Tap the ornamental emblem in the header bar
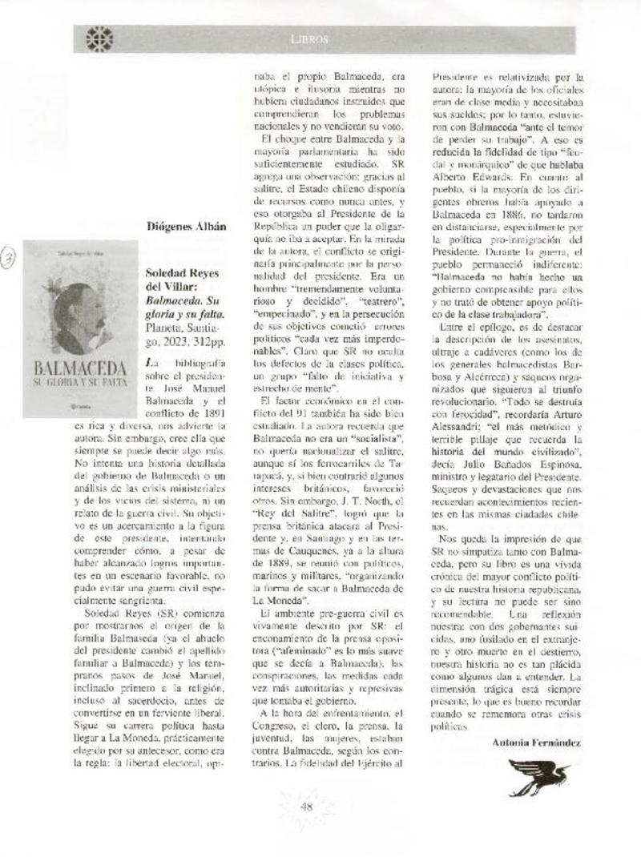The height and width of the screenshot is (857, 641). [x=99, y=38]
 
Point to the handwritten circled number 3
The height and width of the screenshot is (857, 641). [x=9, y=259]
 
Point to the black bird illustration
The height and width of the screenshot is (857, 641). [x=538, y=775]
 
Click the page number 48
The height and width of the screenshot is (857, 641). [x=305, y=807]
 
